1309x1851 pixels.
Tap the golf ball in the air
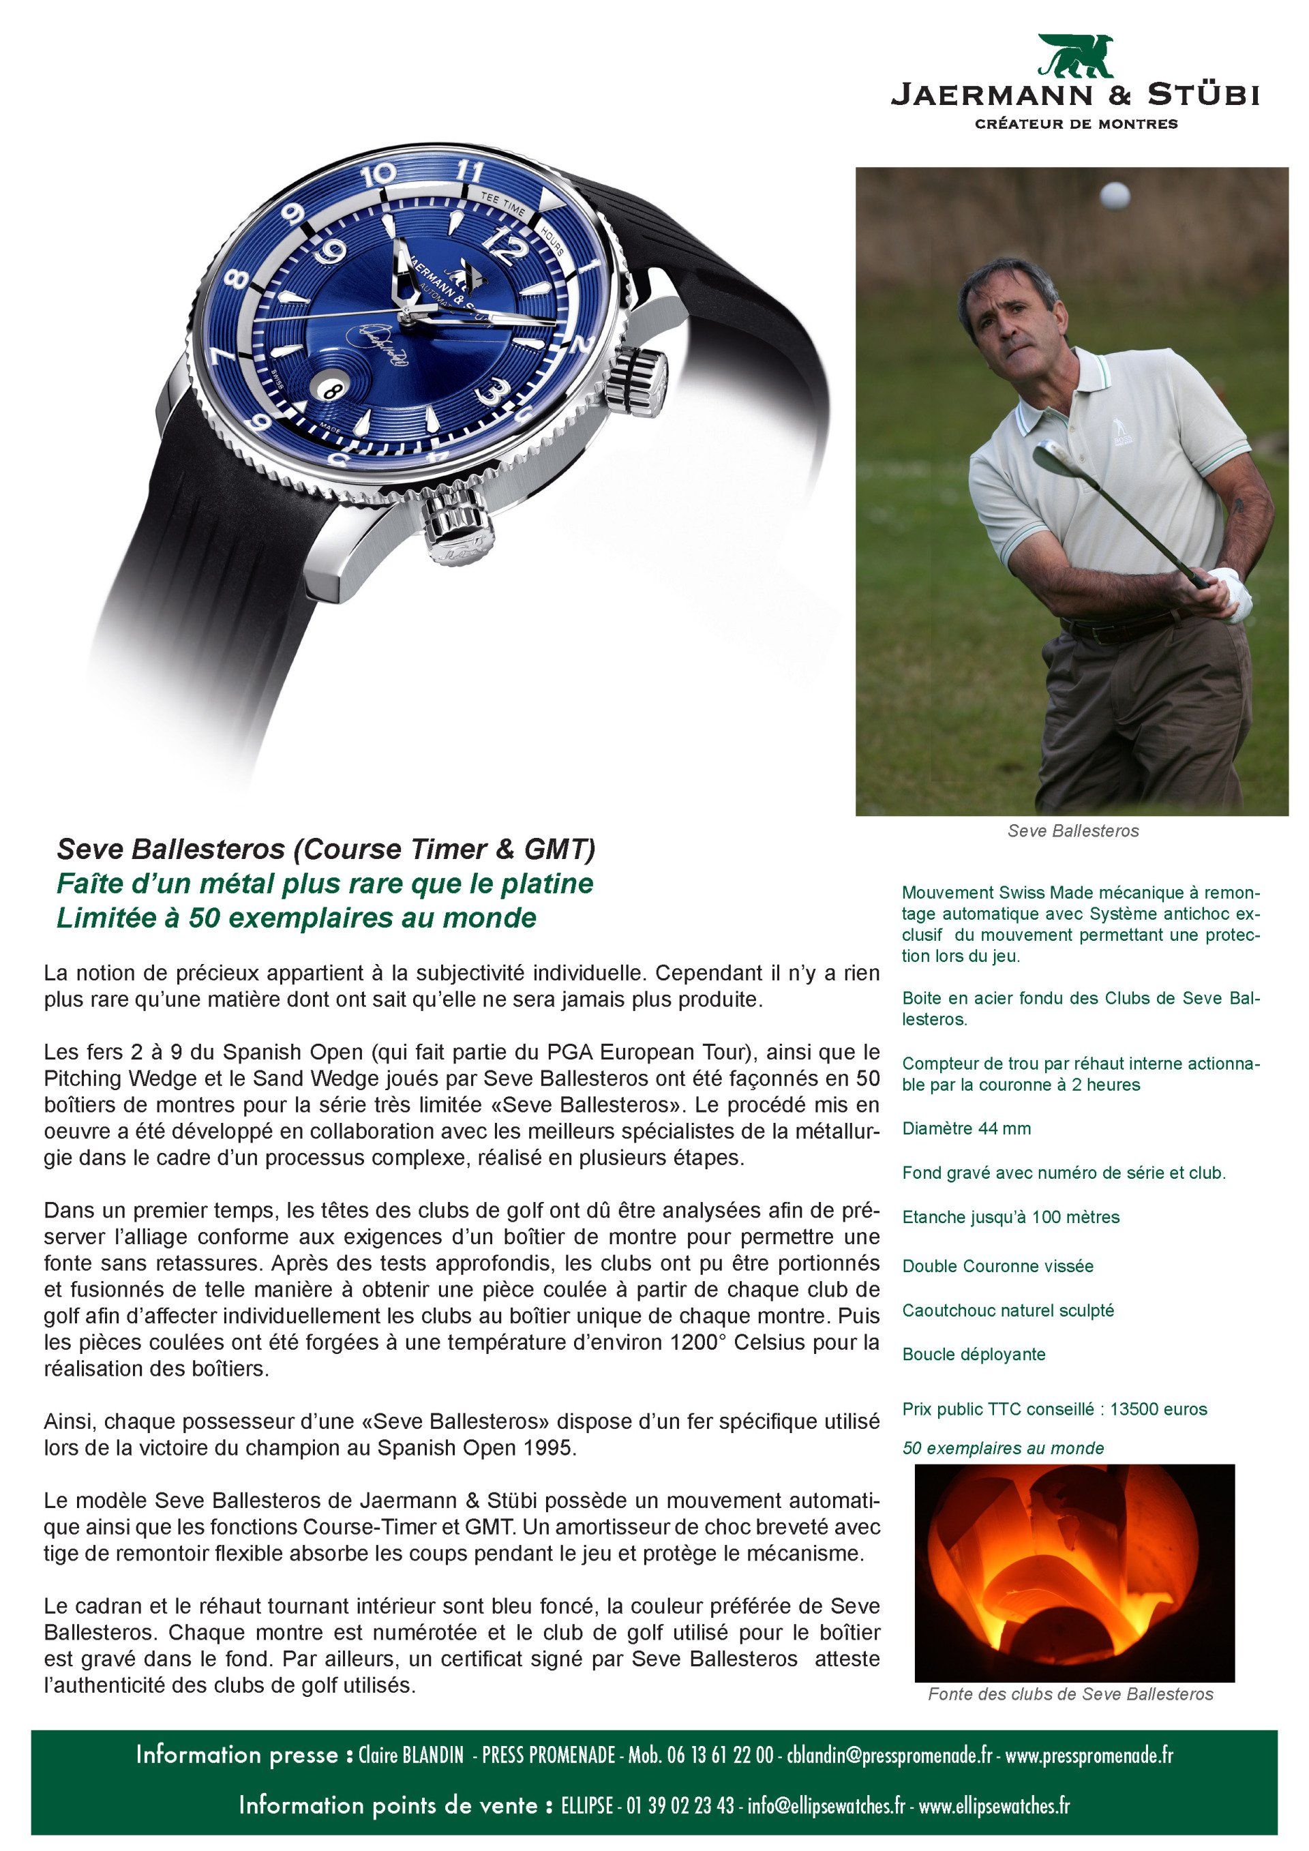coord(1115,195)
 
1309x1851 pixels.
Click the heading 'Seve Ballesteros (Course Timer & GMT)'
coord(326,849)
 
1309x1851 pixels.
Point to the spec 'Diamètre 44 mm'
coord(967,1128)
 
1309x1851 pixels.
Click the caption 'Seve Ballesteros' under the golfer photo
coord(1073,830)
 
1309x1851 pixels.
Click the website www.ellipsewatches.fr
coord(994,1806)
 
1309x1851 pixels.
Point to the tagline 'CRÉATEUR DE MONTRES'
coord(1076,124)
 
